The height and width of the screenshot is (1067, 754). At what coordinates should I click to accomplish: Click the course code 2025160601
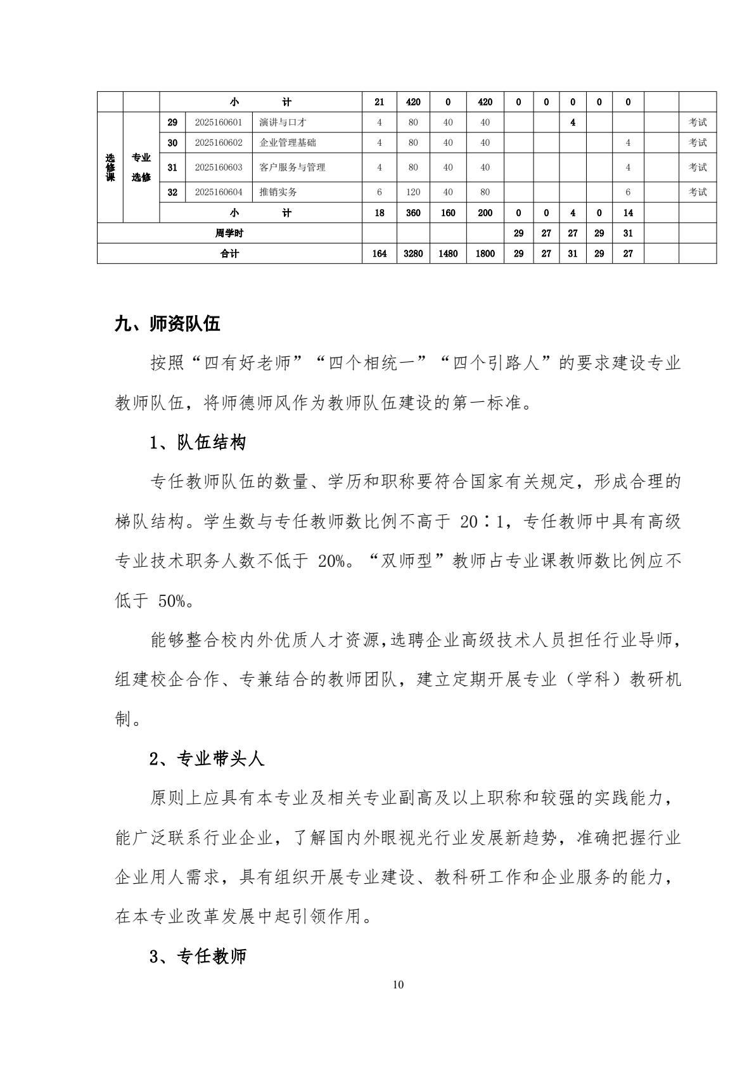[219, 122]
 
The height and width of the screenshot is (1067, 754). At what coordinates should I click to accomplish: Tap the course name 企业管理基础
[288, 143]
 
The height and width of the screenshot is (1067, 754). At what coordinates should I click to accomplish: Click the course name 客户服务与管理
[293, 167]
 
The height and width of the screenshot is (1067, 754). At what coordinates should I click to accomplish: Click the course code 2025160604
[219, 192]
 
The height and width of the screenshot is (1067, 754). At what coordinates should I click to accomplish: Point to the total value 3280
[413, 254]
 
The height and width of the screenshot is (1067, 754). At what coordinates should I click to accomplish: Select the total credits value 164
[380, 254]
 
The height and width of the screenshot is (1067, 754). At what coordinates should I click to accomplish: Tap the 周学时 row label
[229, 233]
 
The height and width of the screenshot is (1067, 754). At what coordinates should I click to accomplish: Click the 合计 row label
[229, 254]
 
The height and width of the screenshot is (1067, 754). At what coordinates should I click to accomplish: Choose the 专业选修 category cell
[141, 167]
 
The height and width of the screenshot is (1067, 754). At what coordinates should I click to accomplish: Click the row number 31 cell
[172, 167]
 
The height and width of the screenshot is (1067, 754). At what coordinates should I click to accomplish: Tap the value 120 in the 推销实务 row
[413, 192]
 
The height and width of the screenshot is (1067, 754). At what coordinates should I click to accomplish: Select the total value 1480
[448, 254]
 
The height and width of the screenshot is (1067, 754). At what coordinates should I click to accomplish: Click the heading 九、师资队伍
[167, 325]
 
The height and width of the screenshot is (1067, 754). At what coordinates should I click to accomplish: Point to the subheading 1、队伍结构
[197, 443]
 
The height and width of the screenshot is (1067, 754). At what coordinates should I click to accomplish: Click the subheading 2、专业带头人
[207, 759]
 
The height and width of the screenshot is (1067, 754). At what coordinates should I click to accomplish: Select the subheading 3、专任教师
[197, 957]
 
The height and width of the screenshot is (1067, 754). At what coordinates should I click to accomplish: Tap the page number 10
[398, 985]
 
